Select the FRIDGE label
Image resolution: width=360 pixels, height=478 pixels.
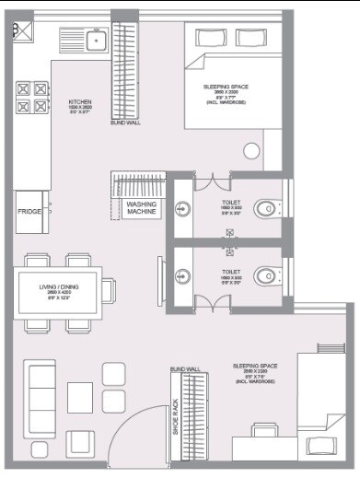point(29,212)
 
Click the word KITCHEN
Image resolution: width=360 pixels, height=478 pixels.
point(80,102)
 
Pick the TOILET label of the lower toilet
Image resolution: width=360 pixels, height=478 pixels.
point(230,272)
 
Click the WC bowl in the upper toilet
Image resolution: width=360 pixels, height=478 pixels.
point(267,208)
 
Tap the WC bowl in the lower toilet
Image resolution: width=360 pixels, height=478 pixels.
point(267,274)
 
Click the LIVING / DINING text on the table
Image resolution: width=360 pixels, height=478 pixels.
point(58,287)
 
